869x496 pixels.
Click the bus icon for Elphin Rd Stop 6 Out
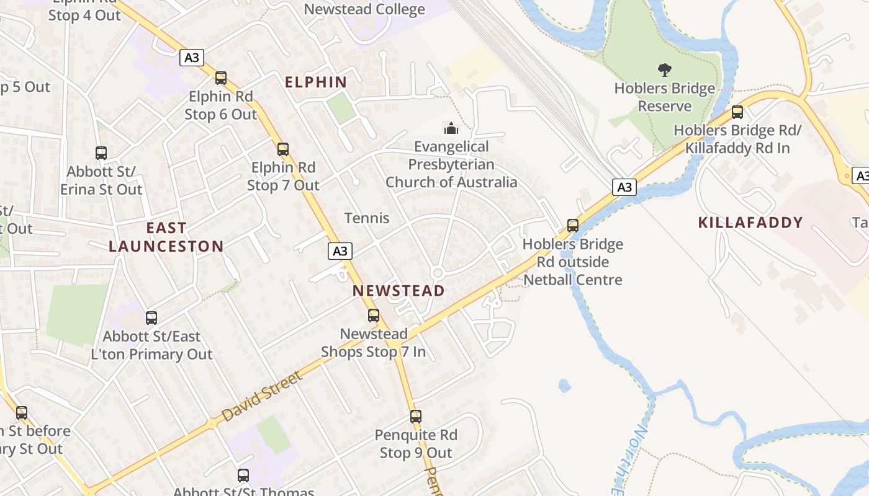[220, 78]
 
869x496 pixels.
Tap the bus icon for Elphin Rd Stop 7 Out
[283, 149]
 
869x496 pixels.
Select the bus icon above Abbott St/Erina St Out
[101, 153]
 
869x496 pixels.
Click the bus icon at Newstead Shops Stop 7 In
[374, 316]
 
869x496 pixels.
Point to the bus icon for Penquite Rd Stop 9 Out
[416, 417]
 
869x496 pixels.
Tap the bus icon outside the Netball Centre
[573, 226]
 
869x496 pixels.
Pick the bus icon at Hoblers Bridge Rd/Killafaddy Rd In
[737, 112]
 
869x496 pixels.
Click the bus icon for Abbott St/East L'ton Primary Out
[151, 318]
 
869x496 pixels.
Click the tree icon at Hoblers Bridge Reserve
[665, 69]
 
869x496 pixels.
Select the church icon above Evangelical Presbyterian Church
[451, 128]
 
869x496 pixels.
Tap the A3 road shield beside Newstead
[340, 251]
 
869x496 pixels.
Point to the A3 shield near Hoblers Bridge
[624, 187]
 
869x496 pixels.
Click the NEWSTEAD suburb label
[398, 291]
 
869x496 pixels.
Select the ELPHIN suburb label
[315, 82]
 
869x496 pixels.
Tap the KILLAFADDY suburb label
[750, 223]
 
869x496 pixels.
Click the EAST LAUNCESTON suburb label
[166, 237]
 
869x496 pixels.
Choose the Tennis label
[367, 218]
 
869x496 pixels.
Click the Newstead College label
[364, 9]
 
